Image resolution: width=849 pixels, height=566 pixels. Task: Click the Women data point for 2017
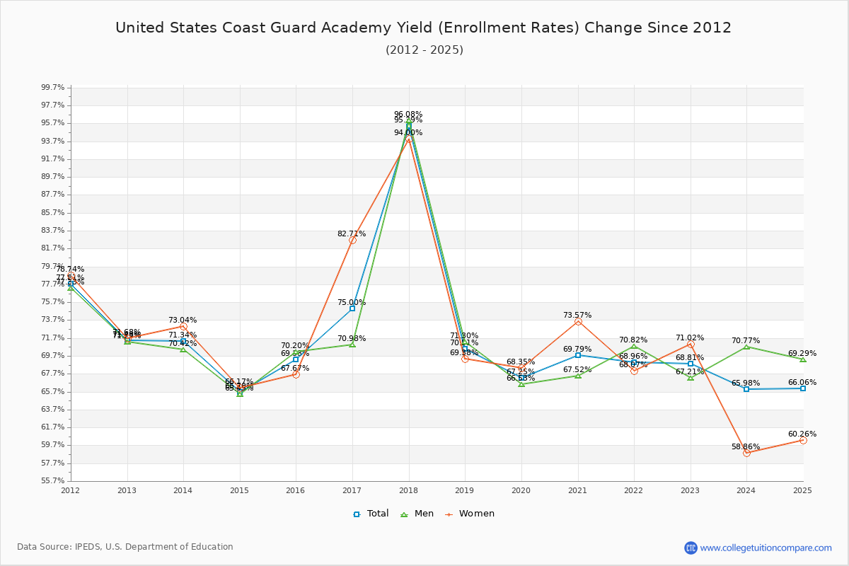point(352,240)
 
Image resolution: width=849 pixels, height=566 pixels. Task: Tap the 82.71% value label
point(352,233)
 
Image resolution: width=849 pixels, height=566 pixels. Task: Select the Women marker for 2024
point(746,453)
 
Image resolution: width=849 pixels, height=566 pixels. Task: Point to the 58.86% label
point(746,447)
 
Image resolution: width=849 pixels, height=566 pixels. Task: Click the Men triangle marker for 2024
point(746,347)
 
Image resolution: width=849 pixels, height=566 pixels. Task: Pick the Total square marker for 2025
point(803,388)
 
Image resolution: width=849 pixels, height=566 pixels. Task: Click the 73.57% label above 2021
point(577,315)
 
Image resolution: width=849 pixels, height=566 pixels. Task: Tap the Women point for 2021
point(578,321)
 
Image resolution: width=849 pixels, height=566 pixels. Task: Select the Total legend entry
point(371,514)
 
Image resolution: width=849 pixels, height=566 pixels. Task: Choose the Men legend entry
point(418,514)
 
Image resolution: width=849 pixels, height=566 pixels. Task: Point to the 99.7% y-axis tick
point(52,87)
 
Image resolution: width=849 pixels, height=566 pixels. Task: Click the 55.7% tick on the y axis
point(52,480)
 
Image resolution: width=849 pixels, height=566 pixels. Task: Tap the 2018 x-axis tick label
point(408,490)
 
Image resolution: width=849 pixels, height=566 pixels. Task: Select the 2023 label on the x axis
point(690,490)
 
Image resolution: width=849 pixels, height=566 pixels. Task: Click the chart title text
point(423,28)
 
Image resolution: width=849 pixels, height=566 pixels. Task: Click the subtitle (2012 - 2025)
point(424,50)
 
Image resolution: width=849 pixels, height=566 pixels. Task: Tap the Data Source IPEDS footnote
point(125,547)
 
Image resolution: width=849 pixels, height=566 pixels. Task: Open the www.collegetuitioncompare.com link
point(766,548)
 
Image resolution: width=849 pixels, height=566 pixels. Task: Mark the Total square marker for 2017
point(352,308)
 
